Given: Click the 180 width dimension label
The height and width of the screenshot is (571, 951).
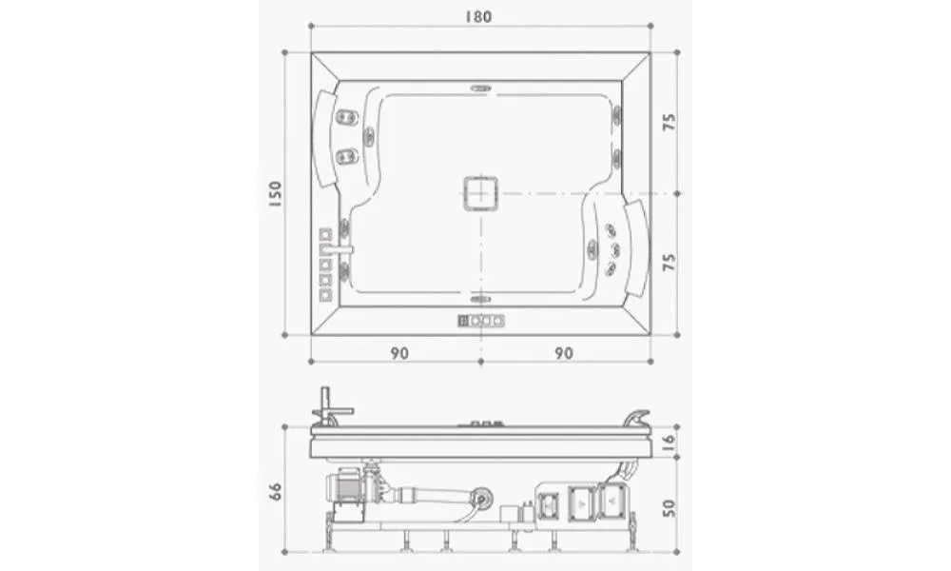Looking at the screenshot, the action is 478,16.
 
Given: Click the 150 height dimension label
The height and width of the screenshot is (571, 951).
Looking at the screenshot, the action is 275,193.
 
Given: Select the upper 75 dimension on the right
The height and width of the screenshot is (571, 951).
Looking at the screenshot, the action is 669,122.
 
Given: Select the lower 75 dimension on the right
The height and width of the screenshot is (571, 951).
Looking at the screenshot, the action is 669,262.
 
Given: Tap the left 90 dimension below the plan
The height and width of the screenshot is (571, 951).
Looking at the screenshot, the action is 399,352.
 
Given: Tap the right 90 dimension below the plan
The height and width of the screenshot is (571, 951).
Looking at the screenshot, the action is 564,352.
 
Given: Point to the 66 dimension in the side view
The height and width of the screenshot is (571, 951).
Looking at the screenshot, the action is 275,491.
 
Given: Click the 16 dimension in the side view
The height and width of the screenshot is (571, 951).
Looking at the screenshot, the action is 669,442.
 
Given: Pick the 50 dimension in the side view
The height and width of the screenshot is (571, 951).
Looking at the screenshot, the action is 669,507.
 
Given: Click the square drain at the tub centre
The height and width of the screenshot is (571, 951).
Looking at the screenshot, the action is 481,193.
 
